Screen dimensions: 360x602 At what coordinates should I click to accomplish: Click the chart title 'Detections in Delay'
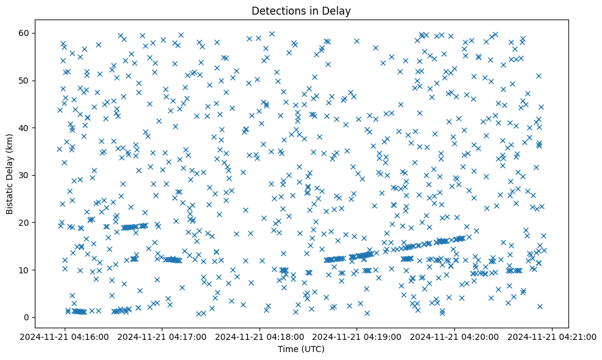(301, 10)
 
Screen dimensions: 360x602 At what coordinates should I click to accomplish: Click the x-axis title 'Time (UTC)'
(301, 350)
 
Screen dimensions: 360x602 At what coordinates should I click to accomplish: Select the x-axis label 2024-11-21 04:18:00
(260, 336)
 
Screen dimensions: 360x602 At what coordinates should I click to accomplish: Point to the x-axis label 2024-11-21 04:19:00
(357, 336)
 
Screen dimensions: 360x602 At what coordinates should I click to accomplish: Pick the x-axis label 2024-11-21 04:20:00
(455, 336)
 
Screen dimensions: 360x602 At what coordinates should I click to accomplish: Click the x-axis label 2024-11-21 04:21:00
(553, 336)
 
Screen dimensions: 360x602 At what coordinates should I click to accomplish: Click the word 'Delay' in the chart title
(339, 10)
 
